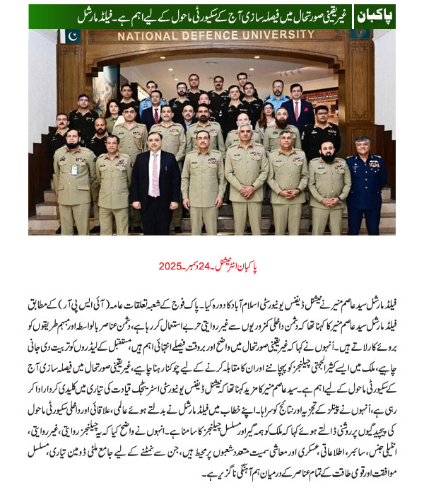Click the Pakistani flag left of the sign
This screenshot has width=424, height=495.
pyautogui.click(x=71, y=37)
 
